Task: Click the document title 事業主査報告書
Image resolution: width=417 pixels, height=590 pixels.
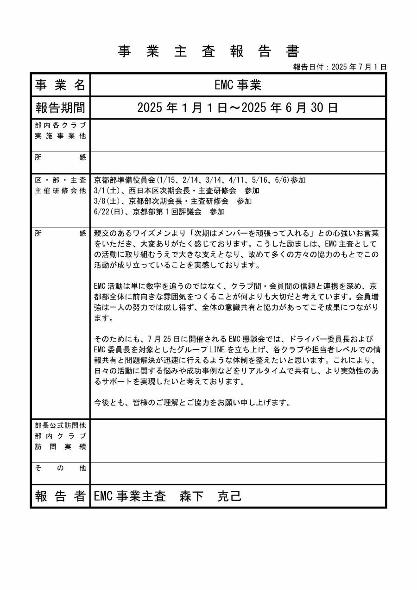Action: [x=209, y=51]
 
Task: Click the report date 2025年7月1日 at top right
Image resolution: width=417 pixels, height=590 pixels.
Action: [x=340, y=67]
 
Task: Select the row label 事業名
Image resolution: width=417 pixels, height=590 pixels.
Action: [x=60, y=85]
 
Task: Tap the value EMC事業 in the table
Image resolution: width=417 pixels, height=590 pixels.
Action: [x=238, y=85]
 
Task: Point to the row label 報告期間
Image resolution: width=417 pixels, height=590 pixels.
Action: [x=60, y=108]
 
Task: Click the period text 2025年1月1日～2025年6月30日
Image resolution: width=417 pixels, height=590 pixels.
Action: [x=238, y=108]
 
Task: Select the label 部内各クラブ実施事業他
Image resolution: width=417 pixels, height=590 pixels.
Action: [x=60, y=130]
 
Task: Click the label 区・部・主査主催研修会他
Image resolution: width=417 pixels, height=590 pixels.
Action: [x=60, y=185]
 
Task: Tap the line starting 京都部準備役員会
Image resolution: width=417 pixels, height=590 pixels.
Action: [x=200, y=180]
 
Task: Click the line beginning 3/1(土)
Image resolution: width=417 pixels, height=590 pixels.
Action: [x=177, y=190]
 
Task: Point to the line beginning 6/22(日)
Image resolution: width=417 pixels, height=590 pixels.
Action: [x=159, y=212]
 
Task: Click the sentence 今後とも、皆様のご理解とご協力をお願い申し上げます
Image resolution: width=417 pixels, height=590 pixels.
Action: [x=192, y=402]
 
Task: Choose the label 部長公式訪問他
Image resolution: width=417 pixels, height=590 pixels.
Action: [x=60, y=425]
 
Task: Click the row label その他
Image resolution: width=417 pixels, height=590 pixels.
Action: [x=60, y=468]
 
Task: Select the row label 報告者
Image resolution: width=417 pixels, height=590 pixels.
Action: [x=60, y=496]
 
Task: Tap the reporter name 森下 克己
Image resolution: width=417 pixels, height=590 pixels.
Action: [x=210, y=496]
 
